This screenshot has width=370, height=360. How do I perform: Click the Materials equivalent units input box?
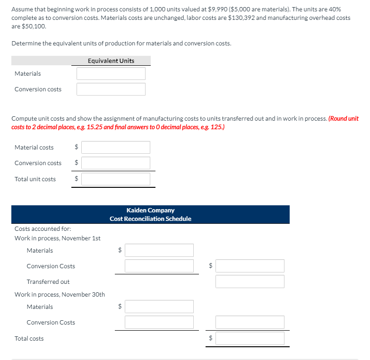click(x=111, y=74)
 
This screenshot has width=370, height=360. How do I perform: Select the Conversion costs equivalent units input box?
click(x=111, y=89)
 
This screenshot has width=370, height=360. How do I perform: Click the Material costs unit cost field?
click(x=116, y=148)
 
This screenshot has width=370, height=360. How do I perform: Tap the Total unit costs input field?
click(x=116, y=179)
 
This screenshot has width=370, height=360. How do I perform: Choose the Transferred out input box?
click(x=250, y=282)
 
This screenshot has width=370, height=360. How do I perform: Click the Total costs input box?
click(x=250, y=338)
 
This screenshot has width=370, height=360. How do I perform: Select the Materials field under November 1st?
click(x=159, y=250)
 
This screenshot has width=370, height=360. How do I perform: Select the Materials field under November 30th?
click(x=159, y=307)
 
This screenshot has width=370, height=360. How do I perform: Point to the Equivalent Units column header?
click(x=111, y=61)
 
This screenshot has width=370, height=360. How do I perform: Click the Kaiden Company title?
click(x=150, y=210)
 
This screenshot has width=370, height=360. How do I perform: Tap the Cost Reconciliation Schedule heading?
click(x=150, y=219)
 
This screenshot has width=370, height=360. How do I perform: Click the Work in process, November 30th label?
click(x=60, y=294)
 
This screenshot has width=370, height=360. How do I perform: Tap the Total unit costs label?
click(x=35, y=179)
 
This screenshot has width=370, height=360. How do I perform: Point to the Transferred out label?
click(x=48, y=282)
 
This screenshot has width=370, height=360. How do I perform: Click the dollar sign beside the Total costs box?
click(x=212, y=339)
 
